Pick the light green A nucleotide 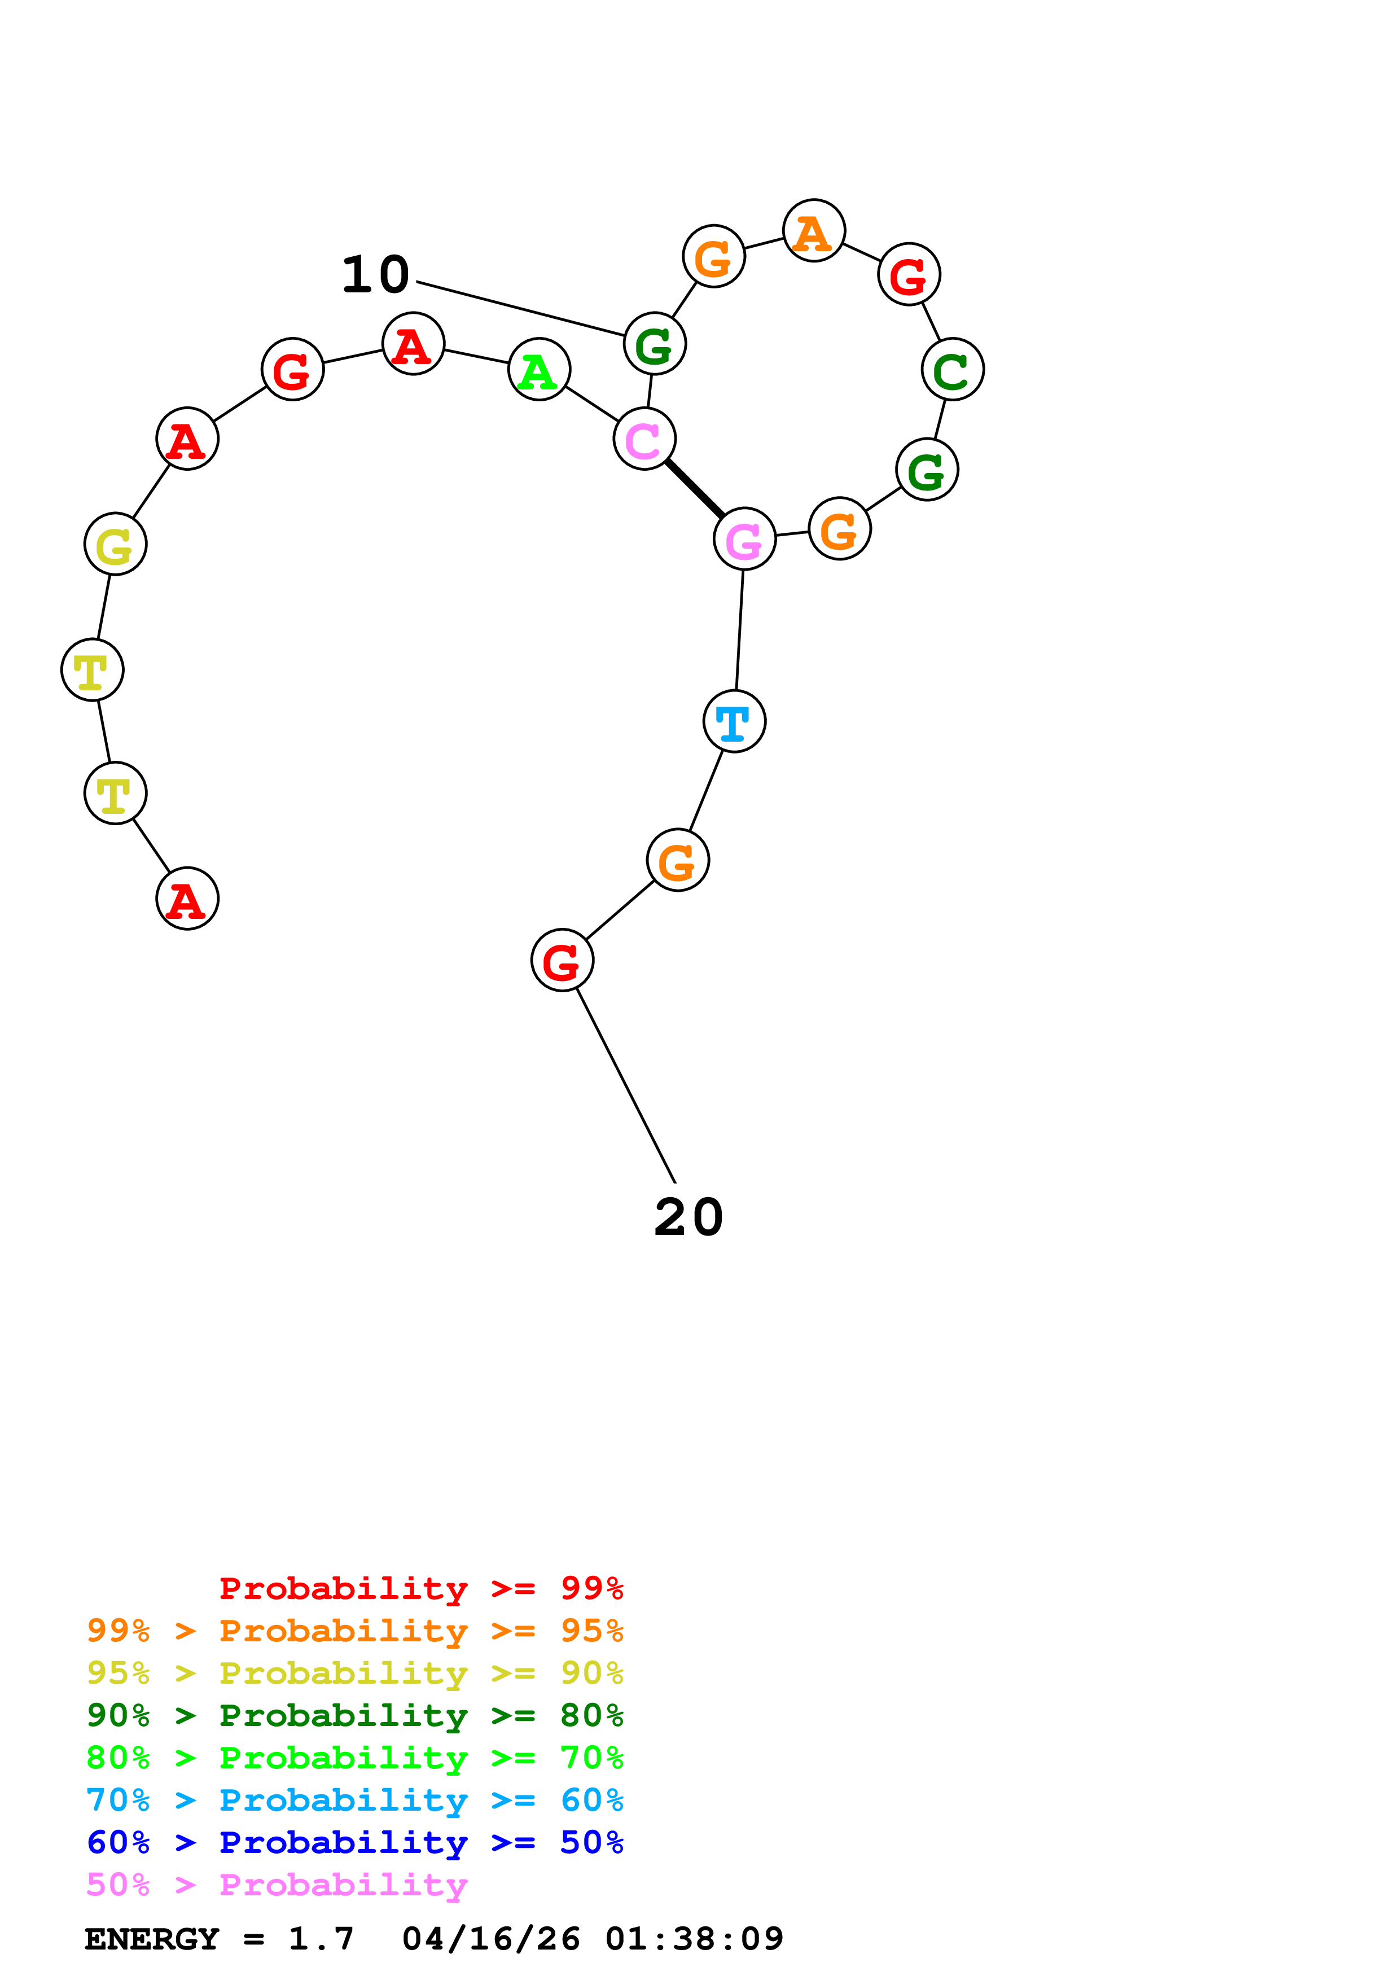[539, 370]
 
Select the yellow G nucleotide [116, 544]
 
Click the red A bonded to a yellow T [187, 899]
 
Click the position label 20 [688, 1217]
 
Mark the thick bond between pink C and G [694, 489]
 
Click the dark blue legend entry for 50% [354, 1842]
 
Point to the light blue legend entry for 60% [354, 1800]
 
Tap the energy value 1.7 [321, 1939]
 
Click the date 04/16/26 [490, 1939]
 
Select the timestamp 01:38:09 [694, 1939]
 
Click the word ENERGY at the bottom [152, 1939]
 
